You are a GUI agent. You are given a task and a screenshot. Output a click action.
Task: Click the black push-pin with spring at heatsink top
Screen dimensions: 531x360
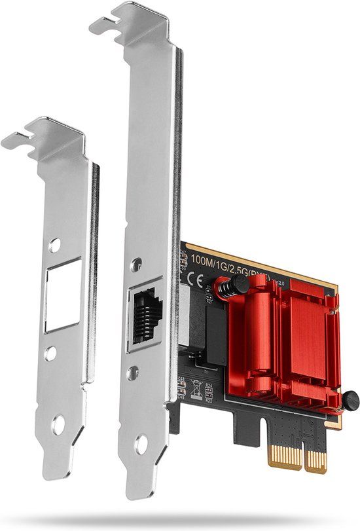coord(238,284)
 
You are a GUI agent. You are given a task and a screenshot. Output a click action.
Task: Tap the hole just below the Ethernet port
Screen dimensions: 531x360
coord(134,371)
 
